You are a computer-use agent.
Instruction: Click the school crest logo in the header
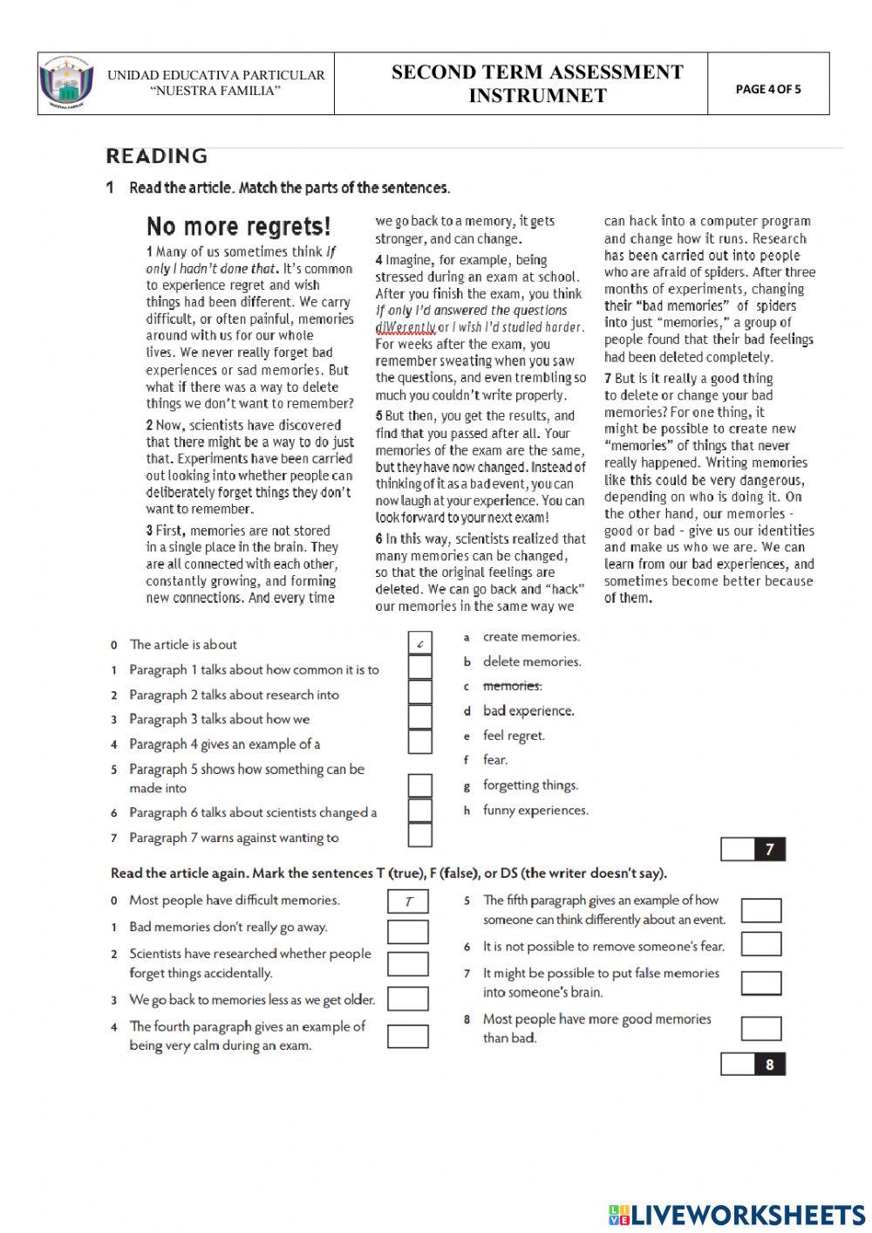click(x=62, y=84)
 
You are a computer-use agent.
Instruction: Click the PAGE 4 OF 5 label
click(x=767, y=89)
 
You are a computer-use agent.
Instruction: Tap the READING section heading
click(x=157, y=156)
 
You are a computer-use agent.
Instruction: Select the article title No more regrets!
click(x=238, y=227)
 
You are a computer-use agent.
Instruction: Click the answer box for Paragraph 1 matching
click(x=420, y=668)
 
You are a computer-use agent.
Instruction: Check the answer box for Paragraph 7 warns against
click(x=420, y=835)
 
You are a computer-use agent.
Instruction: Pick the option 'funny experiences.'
click(x=535, y=811)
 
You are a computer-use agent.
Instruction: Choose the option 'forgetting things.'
click(x=530, y=785)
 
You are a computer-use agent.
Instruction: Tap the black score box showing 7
click(x=769, y=849)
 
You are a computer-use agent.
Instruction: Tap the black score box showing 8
click(x=769, y=1065)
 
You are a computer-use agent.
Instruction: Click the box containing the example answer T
click(x=408, y=901)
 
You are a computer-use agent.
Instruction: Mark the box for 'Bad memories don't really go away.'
click(x=408, y=931)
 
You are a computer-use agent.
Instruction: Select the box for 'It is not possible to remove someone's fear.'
click(x=761, y=943)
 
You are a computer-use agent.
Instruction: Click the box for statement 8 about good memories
click(x=761, y=1028)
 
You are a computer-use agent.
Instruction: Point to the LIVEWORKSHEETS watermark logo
click(x=736, y=1215)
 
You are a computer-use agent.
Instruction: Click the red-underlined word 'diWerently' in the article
click(x=405, y=327)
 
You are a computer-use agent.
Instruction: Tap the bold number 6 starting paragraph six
click(x=379, y=539)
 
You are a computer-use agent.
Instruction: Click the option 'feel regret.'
click(x=514, y=736)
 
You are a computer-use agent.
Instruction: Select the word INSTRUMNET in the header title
click(x=537, y=96)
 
